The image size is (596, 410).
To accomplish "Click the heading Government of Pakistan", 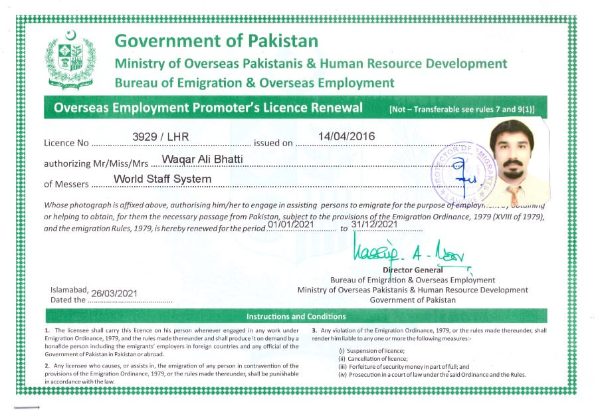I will pos(216,41).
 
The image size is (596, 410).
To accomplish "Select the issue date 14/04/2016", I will pos(346,136).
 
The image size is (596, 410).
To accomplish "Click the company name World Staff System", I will pos(162,179).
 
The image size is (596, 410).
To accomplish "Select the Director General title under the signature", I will pos(413,270).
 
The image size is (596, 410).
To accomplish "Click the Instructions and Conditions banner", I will pos(296,316).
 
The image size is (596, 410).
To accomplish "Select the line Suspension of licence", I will pos(371,350).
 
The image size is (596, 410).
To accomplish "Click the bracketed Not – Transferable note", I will pos(462,109).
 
